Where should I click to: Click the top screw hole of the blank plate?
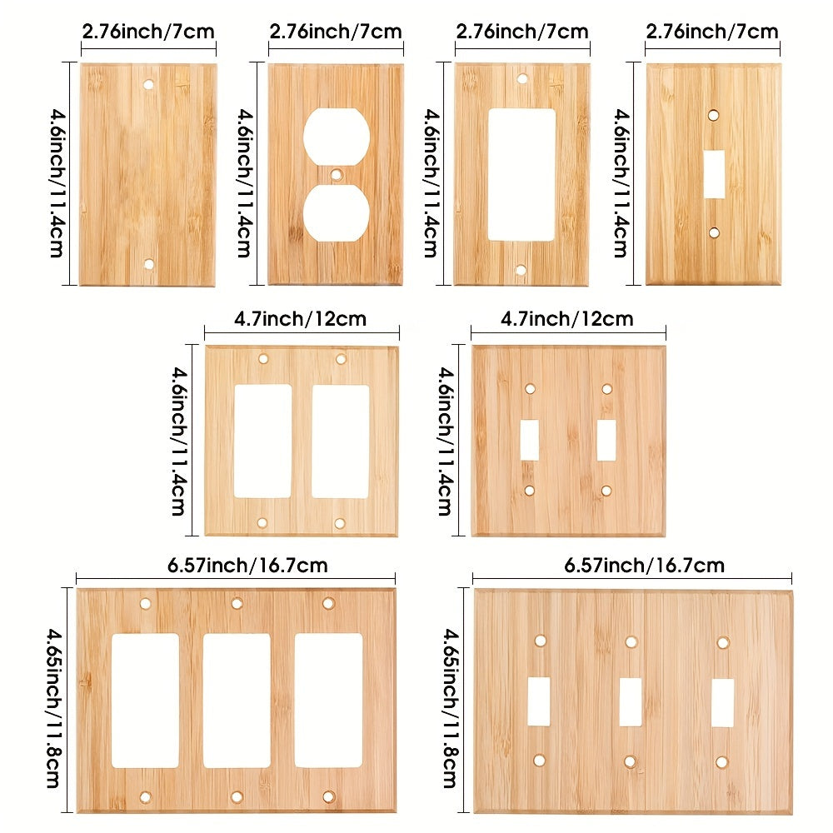(x=150, y=85)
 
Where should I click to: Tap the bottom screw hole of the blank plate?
(x=149, y=264)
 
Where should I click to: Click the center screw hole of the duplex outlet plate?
(x=336, y=175)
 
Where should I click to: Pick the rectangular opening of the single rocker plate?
(x=521, y=175)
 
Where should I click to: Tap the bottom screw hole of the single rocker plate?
(x=521, y=271)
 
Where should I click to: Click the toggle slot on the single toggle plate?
(x=714, y=174)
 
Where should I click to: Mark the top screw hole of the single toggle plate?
(x=713, y=116)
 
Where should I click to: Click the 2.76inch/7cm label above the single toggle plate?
(x=712, y=32)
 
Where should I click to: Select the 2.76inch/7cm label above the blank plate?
(x=148, y=32)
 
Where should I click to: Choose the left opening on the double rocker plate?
(x=263, y=441)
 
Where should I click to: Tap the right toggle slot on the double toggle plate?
(x=606, y=439)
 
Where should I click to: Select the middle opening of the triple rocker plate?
(x=237, y=701)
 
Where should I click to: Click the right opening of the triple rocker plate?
(x=328, y=701)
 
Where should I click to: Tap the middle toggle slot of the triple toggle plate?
(x=630, y=701)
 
